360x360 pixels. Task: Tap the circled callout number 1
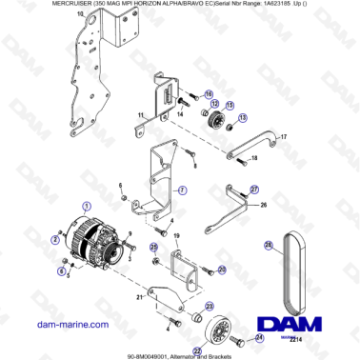(x=87, y=205)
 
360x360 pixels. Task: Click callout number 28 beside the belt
(x=269, y=246)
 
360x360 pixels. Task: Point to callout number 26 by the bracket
(x=264, y=204)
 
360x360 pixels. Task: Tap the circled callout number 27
(x=253, y=190)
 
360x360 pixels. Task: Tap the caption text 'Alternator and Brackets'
(x=209, y=353)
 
